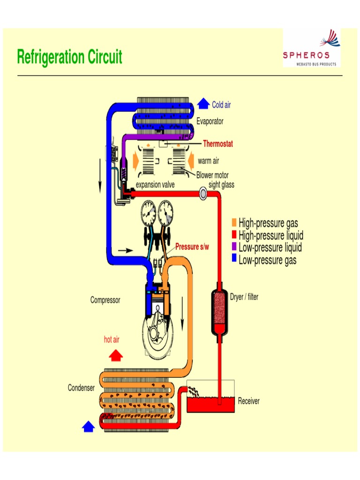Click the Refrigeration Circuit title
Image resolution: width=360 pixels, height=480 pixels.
(x=69, y=57)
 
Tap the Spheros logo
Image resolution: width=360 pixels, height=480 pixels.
(x=312, y=48)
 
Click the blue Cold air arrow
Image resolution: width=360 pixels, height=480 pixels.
(x=203, y=104)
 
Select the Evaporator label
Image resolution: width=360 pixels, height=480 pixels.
(x=210, y=121)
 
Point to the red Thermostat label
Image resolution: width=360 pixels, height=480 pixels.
(x=217, y=144)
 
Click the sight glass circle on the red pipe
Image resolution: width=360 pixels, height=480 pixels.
(x=203, y=193)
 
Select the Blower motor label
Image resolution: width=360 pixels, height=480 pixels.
(x=212, y=175)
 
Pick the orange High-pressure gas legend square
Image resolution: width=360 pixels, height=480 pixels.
(x=234, y=223)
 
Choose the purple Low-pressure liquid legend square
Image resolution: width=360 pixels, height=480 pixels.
(x=234, y=247)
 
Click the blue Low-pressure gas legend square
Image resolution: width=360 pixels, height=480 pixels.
(x=234, y=260)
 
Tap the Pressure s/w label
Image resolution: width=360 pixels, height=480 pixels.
(x=192, y=247)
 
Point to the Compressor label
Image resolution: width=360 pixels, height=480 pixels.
(x=105, y=300)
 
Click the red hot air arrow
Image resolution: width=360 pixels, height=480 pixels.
(x=115, y=355)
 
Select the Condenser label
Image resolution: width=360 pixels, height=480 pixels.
(x=81, y=388)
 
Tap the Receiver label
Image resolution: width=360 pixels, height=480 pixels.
(x=248, y=401)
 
